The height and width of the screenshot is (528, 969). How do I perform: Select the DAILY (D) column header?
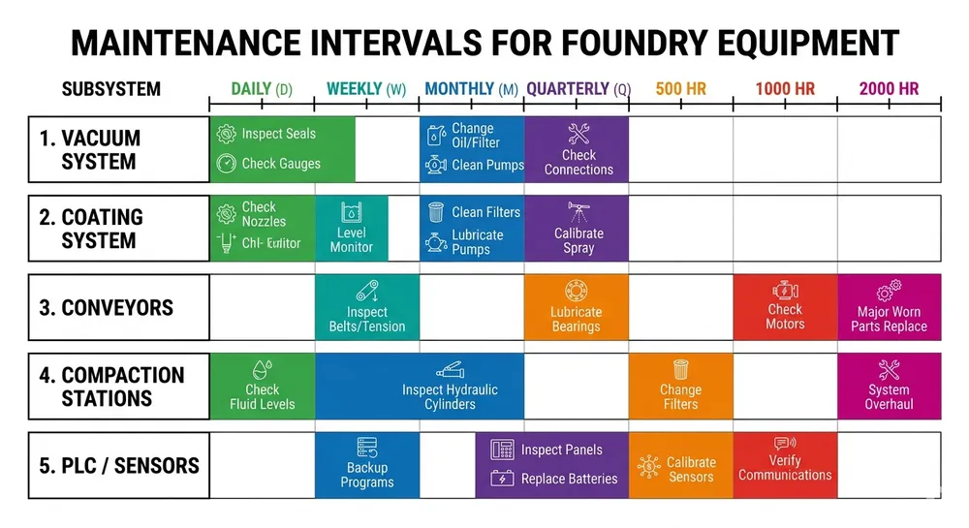click(x=262, y=89)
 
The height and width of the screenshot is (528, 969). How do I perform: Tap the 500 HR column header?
click(x=680, y=89)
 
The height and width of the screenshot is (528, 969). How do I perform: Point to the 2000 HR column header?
click(x=889, y=89)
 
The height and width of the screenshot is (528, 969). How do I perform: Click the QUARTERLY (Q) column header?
click(x=578, y=89)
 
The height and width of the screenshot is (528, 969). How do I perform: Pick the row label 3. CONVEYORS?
click(x=106, y=308)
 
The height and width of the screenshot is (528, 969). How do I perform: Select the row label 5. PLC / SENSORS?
click(x=118, y=466)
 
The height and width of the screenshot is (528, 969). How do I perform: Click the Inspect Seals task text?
click(x=278, y=134)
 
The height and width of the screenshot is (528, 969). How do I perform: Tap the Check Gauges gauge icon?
click(x=226, y=164)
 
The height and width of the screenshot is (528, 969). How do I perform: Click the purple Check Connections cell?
click(x=578, y=150)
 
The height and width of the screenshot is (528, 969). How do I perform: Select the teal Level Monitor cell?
click(x=351, y=229)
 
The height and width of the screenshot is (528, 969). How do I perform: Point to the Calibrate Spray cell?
click(x=578, y=229)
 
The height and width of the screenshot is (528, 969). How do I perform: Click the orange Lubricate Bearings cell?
click(x=576, y=308)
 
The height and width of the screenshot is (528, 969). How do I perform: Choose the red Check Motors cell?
click(x=785, y=308)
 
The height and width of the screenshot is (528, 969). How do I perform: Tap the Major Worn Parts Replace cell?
click(x=889, y=308)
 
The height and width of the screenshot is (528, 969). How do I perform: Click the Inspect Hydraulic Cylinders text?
click(x=450, y=396)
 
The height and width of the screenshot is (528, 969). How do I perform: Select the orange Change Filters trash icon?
click(x=680, y=369)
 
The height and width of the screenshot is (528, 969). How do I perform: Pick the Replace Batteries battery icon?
click(x=502, y=479)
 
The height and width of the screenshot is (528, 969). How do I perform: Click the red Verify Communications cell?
click(x=785, y=465)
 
